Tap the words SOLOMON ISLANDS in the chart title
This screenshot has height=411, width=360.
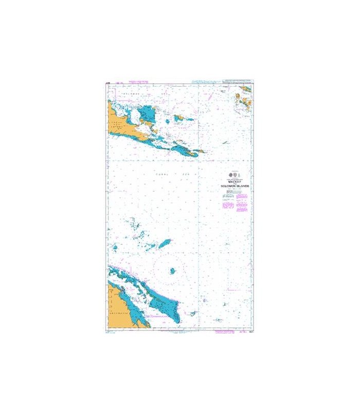pyautogui.click(x=233, y=186)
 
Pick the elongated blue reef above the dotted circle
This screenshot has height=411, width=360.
pyautogui.click(x=165, y=244)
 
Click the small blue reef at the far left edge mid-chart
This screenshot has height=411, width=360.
pyautogui.click(x=115, y=248)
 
